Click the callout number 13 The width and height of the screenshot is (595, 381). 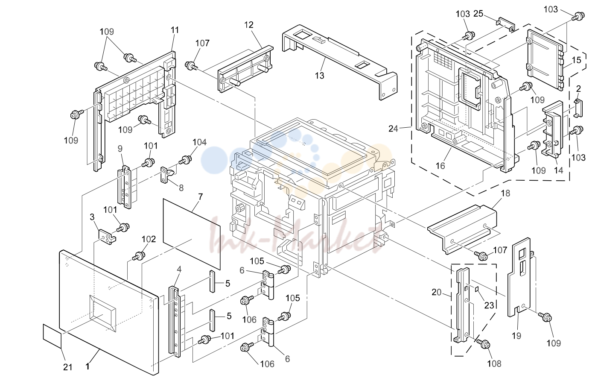tap(320, 76)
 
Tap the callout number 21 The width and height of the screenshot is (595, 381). tap(68, 367)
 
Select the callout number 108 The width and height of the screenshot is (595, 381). tap(494, 363)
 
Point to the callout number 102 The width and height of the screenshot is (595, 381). tap(149, 239)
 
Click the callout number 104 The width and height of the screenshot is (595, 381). tap(199, 142)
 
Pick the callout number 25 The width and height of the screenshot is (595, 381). tap(478, 14)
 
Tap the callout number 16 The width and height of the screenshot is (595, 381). tap(440, 166)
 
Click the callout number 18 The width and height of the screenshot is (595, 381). tap(505, 193)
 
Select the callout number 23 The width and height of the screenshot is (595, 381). tap(489, 305)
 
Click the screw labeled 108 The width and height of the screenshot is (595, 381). tap(484, 344)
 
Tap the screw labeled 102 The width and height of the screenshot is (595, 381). tap(139, 256)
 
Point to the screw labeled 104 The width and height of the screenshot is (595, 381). tap(186, 160)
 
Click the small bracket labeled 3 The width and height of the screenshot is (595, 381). tap(107, 237)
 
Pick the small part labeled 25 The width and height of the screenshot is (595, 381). tap(505, 24)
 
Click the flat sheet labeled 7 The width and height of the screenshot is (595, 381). tap(192, 234)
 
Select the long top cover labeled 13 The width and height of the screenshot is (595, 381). tap(339, 62)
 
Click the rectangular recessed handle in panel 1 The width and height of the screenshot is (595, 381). tap(103, 314)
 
